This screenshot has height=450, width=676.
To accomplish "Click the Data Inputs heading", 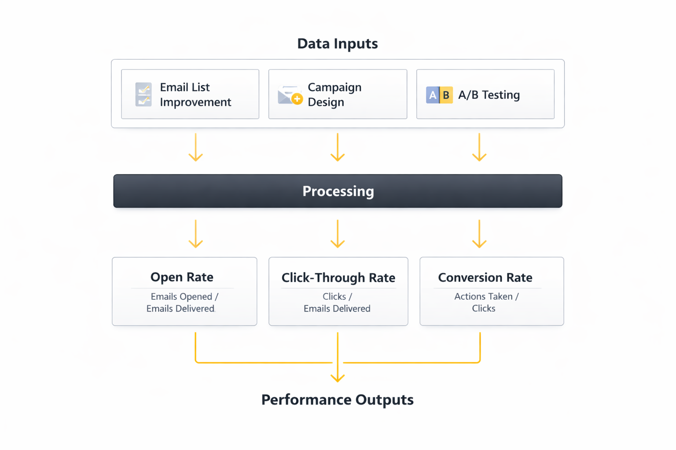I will click(x=337, y=44).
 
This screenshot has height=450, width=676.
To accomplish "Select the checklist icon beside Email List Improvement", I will click(x=143, y=94).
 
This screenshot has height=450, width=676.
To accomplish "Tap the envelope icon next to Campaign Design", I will click(x=290, y=95).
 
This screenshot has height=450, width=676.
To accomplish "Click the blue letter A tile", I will click(x=433, y=95).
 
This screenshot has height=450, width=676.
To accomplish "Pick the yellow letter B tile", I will click(x=446, y=95).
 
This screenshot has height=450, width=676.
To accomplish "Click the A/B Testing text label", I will click(x=489, y=95).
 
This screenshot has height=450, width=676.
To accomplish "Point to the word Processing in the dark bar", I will click(x=338, y=191).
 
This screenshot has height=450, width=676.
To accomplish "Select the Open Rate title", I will click(x=182, y=277).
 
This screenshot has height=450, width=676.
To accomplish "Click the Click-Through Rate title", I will click(x=338, y=278).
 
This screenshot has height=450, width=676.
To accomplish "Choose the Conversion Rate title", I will click(x=485, y=278).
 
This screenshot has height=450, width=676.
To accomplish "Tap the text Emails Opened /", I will click(x=184, y=297).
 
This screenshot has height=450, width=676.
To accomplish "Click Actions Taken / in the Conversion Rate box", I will click(x=486, y=297).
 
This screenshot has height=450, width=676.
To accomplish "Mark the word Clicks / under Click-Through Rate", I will click(x=337, y=297).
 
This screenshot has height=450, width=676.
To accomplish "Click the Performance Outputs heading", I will click(x=337, y=400).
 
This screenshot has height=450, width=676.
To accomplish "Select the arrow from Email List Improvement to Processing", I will click(x=196, y=148).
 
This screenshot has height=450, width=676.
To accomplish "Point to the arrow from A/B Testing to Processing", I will click(x=479, y=148).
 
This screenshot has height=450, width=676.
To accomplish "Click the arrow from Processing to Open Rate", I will click(x=196, y=234).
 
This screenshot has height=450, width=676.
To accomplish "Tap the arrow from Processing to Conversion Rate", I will click(x=479, y=234).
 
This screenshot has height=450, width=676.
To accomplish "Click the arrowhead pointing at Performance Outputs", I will click(x=338, y=377).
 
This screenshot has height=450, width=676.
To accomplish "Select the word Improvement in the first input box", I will click(x=195, y=102).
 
